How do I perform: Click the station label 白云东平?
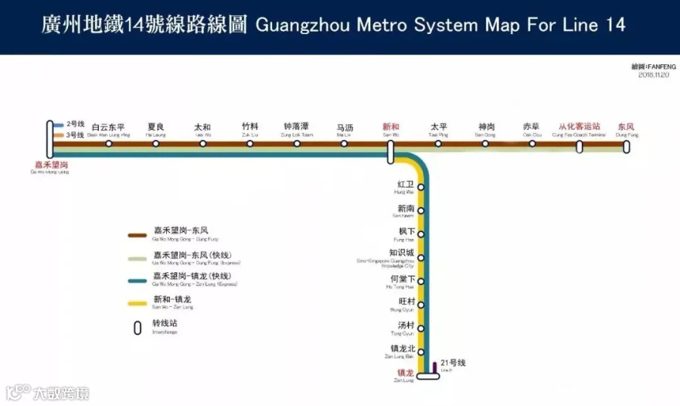(x=108, y=127)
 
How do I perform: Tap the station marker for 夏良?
(x=156, y=143)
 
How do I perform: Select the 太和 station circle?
(x=202, y=143)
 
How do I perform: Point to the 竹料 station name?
(x=250, y=127)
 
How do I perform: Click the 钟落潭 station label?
(x=296, y=127)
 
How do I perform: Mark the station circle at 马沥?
(x=345, y=143)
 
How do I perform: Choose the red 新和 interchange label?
(x=391, y=127)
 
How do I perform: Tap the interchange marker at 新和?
(x=391, y=151)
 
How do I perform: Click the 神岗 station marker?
(x=485, y=143)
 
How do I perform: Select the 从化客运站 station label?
(x=579, y=127)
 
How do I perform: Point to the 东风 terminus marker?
(x=626, y=146)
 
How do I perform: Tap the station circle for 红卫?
(x=421, y=187)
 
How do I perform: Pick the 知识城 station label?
(x=401, y=253)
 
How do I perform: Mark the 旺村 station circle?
(x=421, y=305)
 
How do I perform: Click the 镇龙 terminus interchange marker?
(x=428, y=376)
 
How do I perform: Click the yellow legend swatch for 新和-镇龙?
(x=138, y=303)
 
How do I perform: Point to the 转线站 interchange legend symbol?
(x=138, y=327)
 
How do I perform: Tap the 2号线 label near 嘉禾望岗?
(x=76, y=124)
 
